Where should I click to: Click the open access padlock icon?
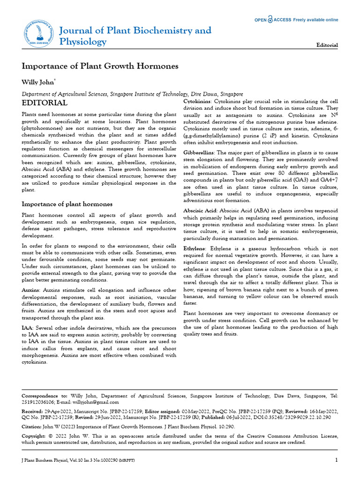click(270, 20)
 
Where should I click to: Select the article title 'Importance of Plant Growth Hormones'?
click(100, 66)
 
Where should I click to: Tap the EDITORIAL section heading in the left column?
click(45, 103)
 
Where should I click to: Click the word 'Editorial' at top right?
click(327, 45)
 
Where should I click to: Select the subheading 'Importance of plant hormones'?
click(67, 204)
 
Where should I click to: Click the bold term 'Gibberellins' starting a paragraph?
click(199, 153)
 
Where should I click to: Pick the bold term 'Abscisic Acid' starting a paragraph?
click(200, 211)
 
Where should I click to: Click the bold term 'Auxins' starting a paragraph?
click(30, 291)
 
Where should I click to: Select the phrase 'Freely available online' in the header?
click(315, 20)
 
